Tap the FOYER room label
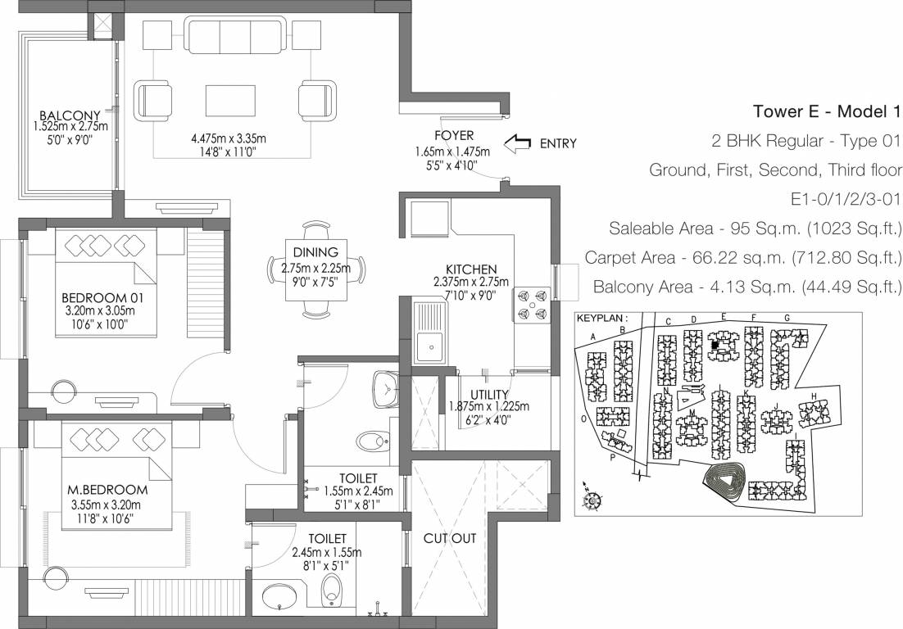pyautogui.click(x=455, y=135)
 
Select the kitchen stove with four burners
pyautogui.click(x=531, y=305)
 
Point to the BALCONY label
pyautogui.click(x=70, y=115)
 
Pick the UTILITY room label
pyautogui.click(x=489, y=394)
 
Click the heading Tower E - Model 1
pyautogui.click(x=826, y=111)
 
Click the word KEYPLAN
pyautogui.click(x=602, y=317)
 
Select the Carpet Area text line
pyautogui.click(x=742, y=258)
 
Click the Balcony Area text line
pyautogui.click(x=746, y=287)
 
